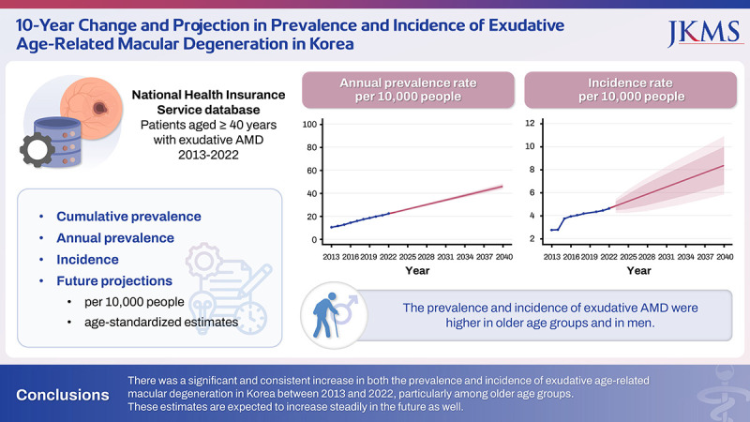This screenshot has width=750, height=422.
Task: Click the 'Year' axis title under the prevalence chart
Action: point(417,271)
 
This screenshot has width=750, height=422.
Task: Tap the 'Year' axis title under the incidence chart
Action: point(638,271)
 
